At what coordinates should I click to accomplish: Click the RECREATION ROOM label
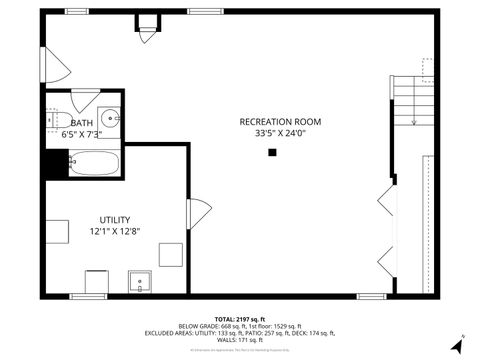(x=279, y=122)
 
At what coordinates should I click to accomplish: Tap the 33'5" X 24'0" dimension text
(x=279, y=132)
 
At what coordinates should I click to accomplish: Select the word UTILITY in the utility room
(x=114, y=220)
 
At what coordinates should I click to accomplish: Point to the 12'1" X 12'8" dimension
(x=114, y=231)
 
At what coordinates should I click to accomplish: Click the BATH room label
(x=81, y=122)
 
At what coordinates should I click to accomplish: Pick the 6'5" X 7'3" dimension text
(x=81, y=133)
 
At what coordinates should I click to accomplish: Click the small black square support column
(x=272, y=153)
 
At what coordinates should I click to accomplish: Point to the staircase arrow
(x=414, y=116)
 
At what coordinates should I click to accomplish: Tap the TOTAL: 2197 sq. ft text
(x=240, y=318)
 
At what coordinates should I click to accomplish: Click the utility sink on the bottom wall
(x=138, y=282)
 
